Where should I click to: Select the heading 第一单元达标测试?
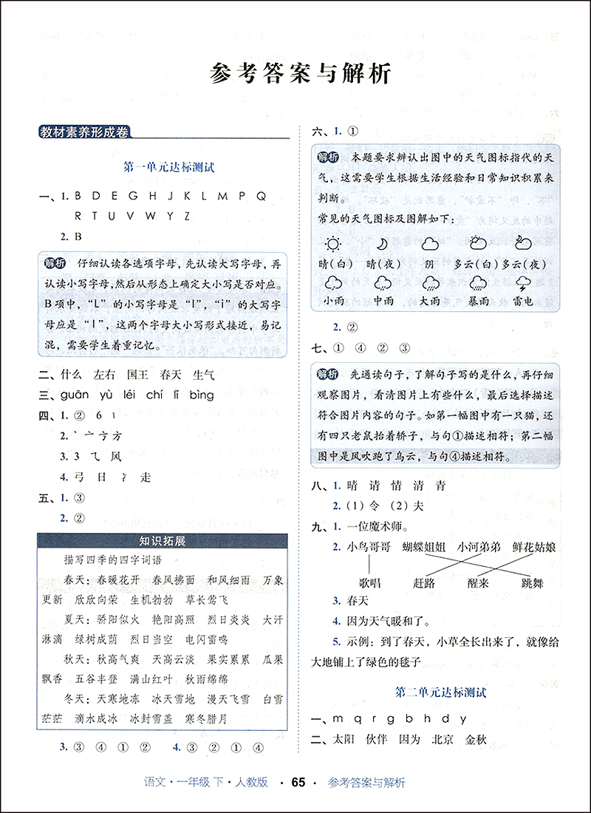coord(168,168)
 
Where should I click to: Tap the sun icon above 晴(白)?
coord(333,245)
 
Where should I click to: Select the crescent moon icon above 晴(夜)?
coord(382,245)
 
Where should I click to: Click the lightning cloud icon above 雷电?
coord(522,283)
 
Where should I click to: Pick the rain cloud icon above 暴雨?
coord(476,283)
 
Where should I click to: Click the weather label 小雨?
coord(333,302)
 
